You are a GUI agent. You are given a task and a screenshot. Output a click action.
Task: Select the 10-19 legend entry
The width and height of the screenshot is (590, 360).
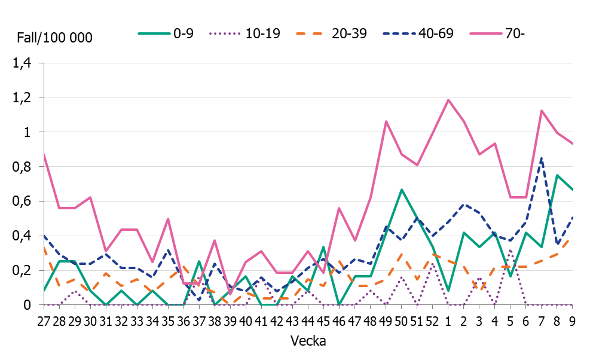pos(245,33)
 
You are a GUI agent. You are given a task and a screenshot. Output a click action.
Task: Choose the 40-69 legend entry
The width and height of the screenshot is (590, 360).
pos(418,33)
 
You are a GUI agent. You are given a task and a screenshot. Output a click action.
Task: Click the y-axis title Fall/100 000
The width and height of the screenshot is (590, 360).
pos(54,38)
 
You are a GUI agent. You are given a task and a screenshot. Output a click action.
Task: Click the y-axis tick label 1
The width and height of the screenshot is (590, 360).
pos(28,132)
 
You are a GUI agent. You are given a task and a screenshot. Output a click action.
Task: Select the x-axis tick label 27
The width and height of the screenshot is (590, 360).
pos(44,321)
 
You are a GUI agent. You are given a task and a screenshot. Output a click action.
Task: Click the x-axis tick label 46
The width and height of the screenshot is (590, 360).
pos(339,321)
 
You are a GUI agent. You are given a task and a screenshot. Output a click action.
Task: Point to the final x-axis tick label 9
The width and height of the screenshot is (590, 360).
pos(572,321)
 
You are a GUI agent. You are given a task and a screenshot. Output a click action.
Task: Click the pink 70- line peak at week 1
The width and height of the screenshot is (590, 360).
pos(448,100)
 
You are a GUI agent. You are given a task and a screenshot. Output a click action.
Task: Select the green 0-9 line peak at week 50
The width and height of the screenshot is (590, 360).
pos(401,190)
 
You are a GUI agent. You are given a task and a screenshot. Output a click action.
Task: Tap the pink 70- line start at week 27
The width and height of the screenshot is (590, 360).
pos(44,154)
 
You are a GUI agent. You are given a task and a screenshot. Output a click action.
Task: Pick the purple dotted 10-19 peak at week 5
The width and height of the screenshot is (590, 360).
pos(510,250)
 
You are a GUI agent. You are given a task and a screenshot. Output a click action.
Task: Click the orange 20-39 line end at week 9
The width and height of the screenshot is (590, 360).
pos(572,239)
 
